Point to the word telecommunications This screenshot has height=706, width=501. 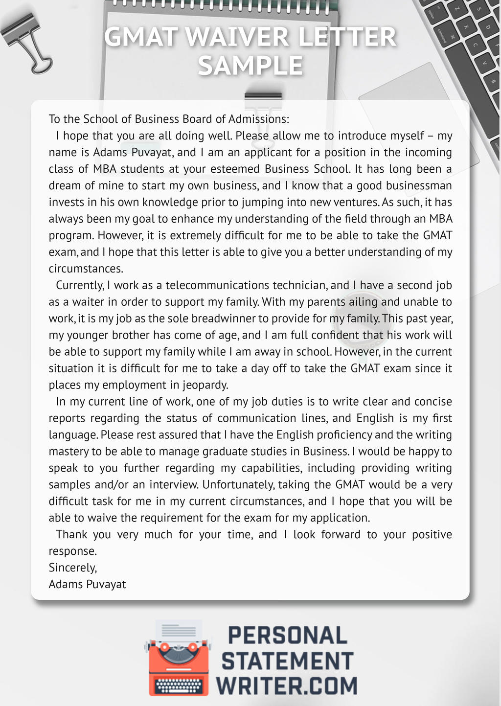pyautogui.click(x=219, y=285)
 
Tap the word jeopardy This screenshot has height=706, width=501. pyautogui.click(x=205, y=385)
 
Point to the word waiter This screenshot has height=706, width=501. pyautogui.click(x=88, y=302)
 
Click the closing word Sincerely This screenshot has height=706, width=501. pyautogui.click(x=73, y=568)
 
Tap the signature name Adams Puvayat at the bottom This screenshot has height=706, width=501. pyautogui.click(x=88, y=584)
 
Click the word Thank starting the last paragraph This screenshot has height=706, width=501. pyautogui.click(x=71, y=534)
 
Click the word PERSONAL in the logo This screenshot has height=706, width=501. pyautogui.click(x=287, y=636)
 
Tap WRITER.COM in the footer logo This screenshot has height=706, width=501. pyautogui.click(x=287, y=685)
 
